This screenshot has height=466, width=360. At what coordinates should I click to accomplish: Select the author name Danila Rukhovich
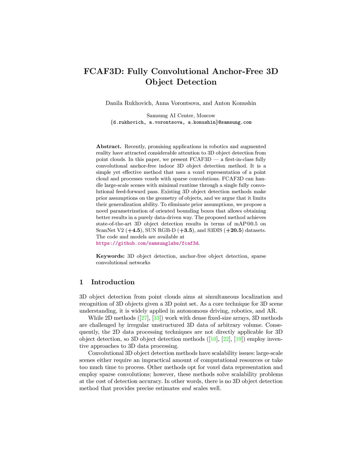click(x=129, y=103)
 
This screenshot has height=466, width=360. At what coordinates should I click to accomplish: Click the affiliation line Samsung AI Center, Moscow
click(x=181, y=115)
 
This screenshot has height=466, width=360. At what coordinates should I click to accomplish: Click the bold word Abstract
click(x=109, y=147)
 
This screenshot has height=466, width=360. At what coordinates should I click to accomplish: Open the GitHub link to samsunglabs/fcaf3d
click(x=147, y=243)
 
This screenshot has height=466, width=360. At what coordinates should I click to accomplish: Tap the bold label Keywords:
click(x=110, y=256)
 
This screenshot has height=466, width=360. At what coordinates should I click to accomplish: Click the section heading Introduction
click(x=112, y=282)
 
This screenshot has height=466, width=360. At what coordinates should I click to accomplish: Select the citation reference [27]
click(x=144, y=318)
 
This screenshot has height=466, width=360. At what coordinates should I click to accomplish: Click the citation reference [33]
click(x=156, y=318)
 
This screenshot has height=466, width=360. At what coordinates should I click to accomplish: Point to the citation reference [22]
click(x=226, y=339)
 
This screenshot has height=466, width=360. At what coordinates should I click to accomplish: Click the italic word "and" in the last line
click(x=186, y=388)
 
